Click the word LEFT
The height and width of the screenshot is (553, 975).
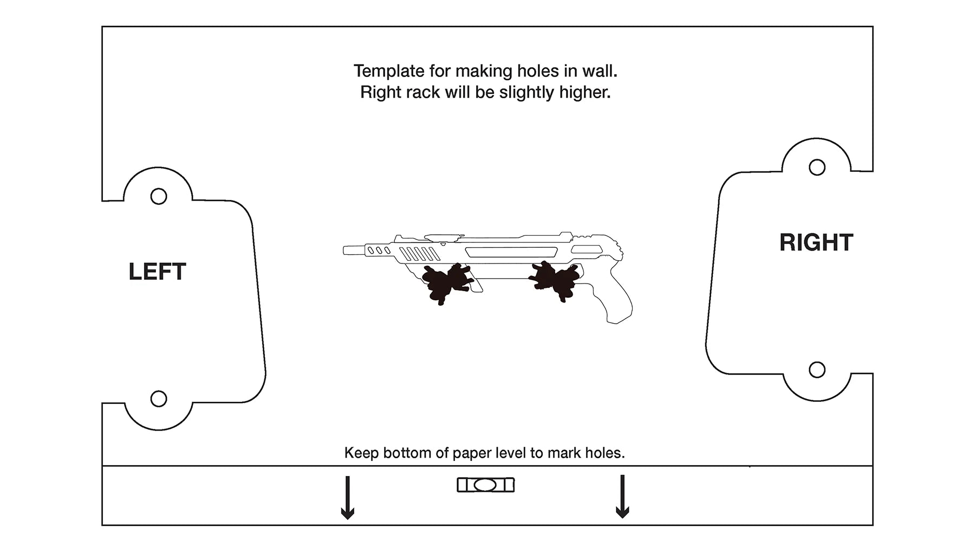(x=157, y=272)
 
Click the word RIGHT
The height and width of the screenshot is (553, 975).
(x=816, y=242)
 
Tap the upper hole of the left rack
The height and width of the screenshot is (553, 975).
(x=159, y=196)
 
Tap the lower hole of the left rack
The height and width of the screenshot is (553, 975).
(x=159, y=399)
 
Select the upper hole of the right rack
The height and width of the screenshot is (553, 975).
(x=817, y=168)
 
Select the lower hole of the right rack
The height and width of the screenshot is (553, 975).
(x=817, y=370)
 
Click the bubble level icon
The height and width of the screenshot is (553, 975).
(x=485, y=485)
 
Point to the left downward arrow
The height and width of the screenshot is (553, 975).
(x=347, y=498)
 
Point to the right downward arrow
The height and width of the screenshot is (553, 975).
(x=622, y=497)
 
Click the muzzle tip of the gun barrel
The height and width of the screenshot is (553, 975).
(x=344, y=250)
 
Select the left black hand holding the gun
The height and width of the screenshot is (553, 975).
(x=449, y=284)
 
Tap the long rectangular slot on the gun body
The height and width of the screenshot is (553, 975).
(x=511, y=252)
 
